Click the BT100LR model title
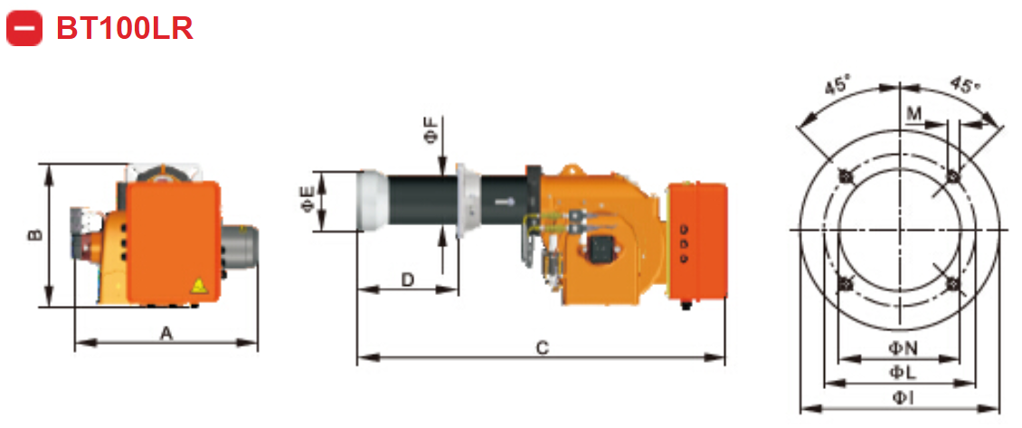[125, 28]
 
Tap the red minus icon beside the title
[24, 28]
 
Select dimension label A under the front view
[166, 333]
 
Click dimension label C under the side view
[541, 347]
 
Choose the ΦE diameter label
[307, 201]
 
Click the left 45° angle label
[837, 86]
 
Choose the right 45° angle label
[965, 86]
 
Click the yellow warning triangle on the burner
[198, 286]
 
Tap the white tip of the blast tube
[372, 201]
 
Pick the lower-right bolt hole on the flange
[951, 283]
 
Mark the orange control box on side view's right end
[697, 240]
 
